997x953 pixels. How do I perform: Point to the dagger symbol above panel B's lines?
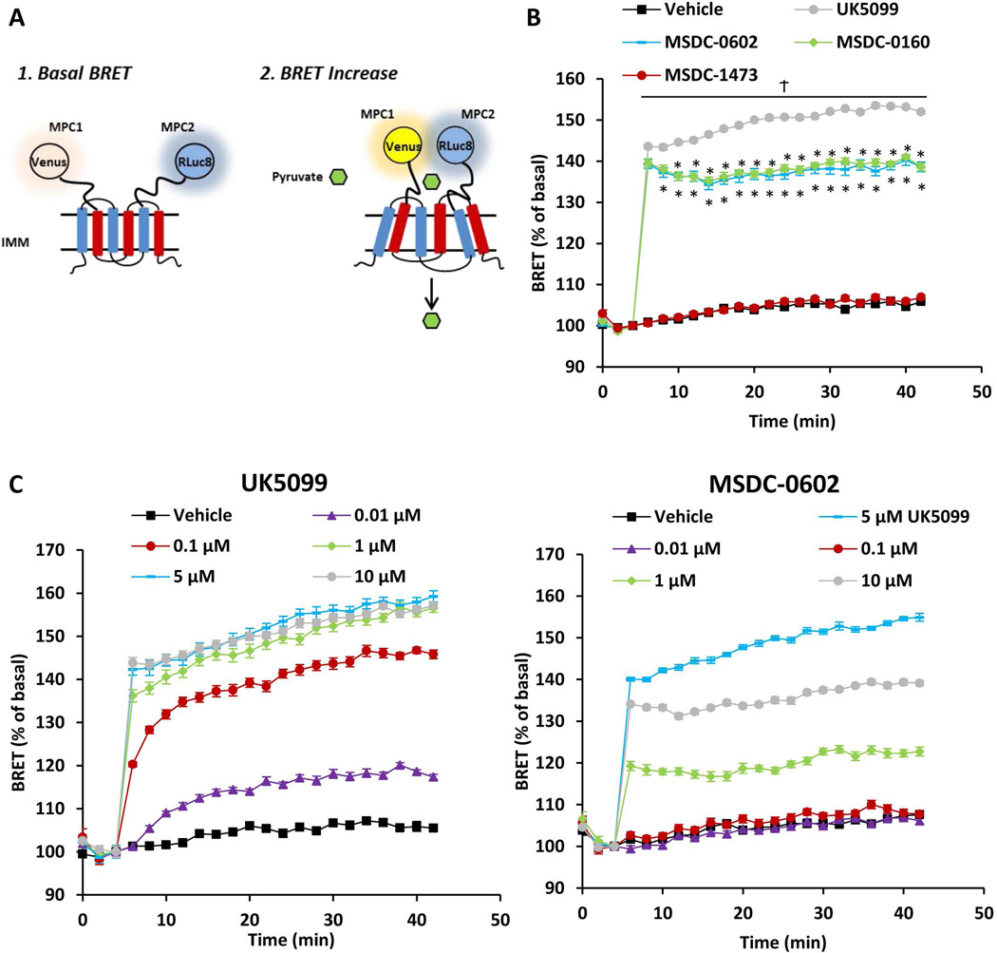coord(783,86)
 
